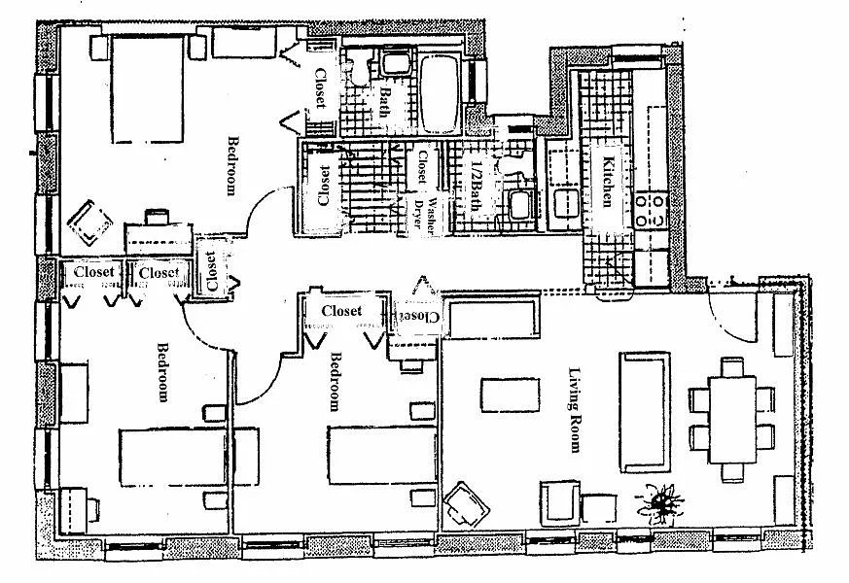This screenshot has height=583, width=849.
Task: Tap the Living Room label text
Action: click(576, 409)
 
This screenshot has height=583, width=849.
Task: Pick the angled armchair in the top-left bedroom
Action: click(90, 223)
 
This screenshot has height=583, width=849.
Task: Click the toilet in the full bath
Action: click(358, 68)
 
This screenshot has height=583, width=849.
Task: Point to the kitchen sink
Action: click(563, 204)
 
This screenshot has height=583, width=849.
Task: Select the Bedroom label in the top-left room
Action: click(231, 165)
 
